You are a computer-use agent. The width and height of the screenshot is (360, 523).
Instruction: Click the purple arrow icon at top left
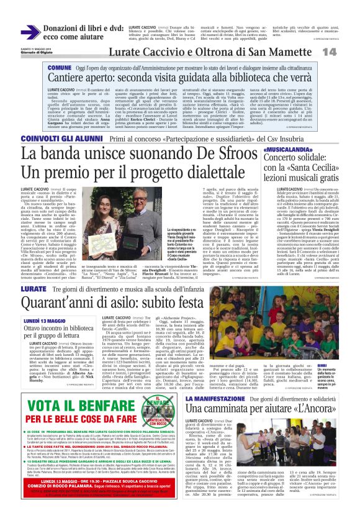30,32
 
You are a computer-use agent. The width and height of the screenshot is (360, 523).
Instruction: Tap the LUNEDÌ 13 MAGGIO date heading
49,321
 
